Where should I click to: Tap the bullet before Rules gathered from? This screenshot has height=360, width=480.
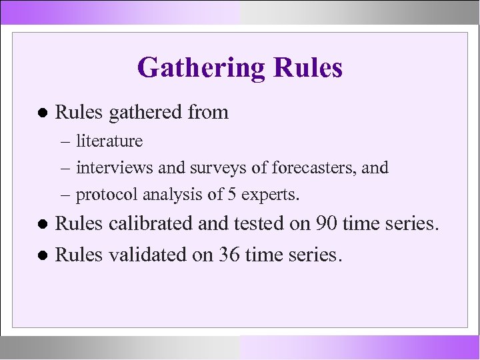[43, 113]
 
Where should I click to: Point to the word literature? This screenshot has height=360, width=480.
[109, 141]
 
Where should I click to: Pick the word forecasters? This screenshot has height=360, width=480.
[295, 167]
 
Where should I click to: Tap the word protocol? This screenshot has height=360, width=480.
[105, 195]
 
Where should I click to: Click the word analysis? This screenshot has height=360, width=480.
[171, 195]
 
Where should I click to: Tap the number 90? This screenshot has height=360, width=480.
[324, 224]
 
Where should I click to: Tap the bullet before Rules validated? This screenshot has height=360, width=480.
[43, 254]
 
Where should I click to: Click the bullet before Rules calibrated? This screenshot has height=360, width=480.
[43, 225]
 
